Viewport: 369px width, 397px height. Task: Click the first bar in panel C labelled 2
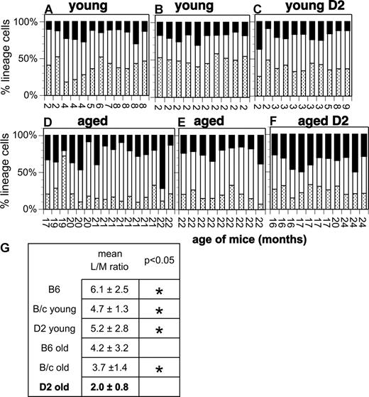[x=260, y=57]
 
